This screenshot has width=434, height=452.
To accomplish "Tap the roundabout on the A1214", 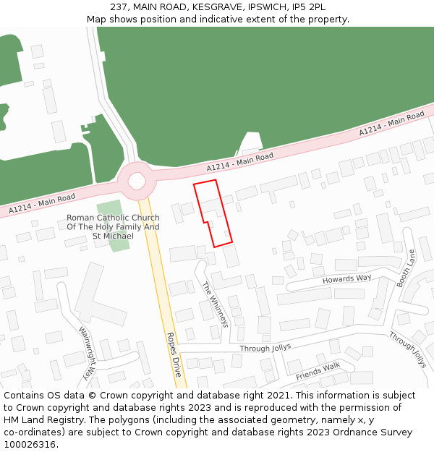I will click(x=137, y=180).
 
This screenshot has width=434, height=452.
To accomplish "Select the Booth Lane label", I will click(x=407, y=268).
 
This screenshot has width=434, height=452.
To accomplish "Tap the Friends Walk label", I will click(x=318, y=370).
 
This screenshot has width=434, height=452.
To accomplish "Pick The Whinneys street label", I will click(x=215, y=304).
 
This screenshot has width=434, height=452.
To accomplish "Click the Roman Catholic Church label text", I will click(x=113, y=226).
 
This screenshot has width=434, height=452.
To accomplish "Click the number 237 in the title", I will click(x=120, y=7).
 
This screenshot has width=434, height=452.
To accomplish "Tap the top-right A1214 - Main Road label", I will click(x=391, y=124).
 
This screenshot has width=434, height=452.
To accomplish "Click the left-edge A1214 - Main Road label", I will click(x=42, y=203).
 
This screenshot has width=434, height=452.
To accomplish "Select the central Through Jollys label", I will click(x=265, y=348).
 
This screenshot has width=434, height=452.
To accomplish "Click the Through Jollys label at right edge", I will click(x=407, y=349).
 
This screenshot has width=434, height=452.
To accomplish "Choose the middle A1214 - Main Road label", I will click(x=240, y=162).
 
